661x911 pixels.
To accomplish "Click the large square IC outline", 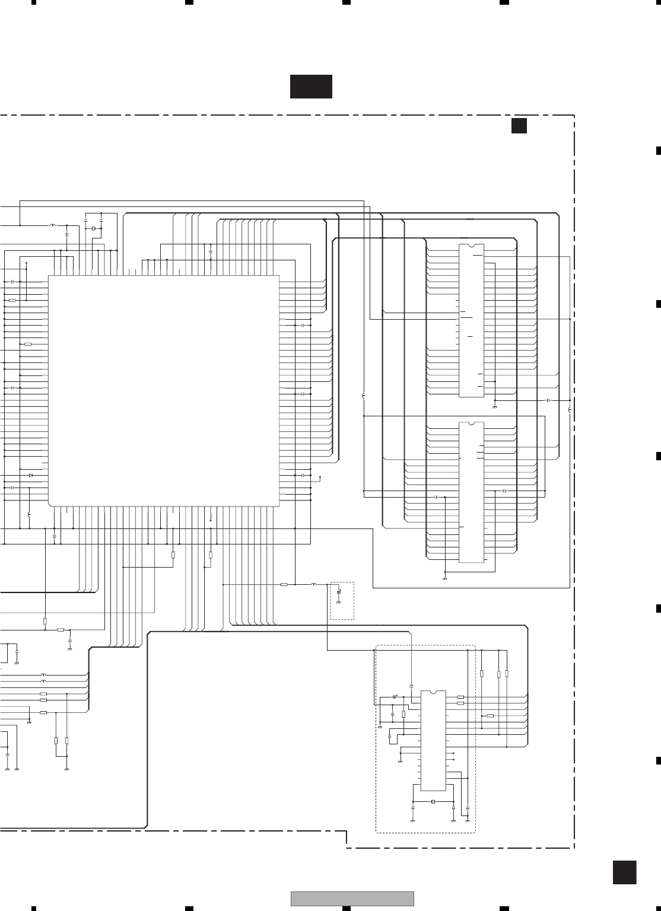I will coord(163,390).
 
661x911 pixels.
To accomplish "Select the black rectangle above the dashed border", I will coord(311,87).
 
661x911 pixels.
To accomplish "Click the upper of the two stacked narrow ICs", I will coord(471,320).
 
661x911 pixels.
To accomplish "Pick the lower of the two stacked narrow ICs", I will coord(472,492).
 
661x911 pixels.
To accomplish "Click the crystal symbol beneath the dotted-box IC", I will coord(433,802).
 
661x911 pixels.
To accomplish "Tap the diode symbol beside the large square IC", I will coord(31,475).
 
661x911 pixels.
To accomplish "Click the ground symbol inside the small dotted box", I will coord(339,602).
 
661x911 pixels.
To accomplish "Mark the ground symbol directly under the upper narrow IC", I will coord(494,408).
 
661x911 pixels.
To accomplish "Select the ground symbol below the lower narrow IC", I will coord(444,577).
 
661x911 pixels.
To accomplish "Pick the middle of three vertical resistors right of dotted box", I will coord(498,674).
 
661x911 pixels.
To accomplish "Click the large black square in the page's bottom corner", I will coord(624,873).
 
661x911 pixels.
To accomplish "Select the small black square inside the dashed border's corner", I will coord(519,126).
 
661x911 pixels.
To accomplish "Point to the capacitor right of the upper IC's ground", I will coord(548,400).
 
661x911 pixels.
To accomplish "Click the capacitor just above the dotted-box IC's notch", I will coord(411,686).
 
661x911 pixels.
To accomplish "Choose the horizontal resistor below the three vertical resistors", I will coord(490,716).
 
